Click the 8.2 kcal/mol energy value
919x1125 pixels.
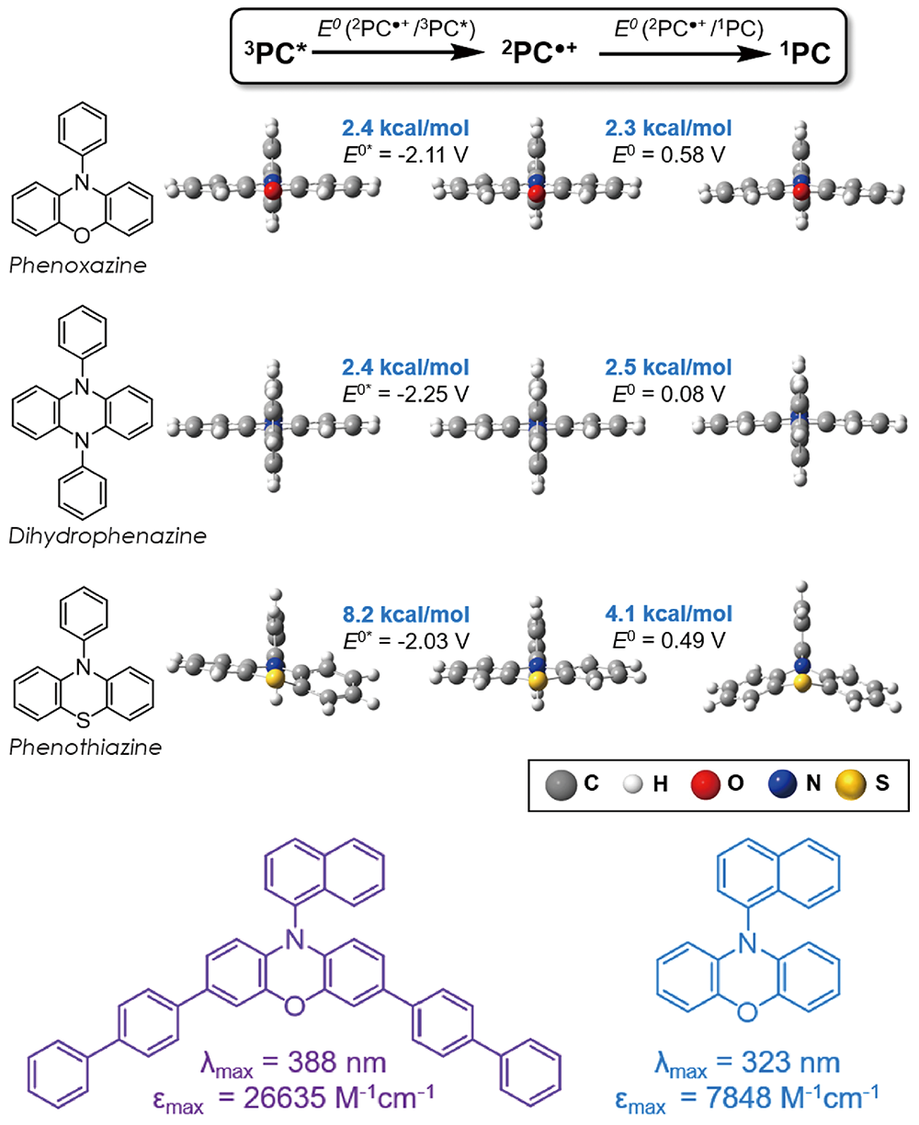(x=405, y=614)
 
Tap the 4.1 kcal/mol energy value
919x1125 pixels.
(x=668, y=613)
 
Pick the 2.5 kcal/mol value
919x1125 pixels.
(x=668, y=368)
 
